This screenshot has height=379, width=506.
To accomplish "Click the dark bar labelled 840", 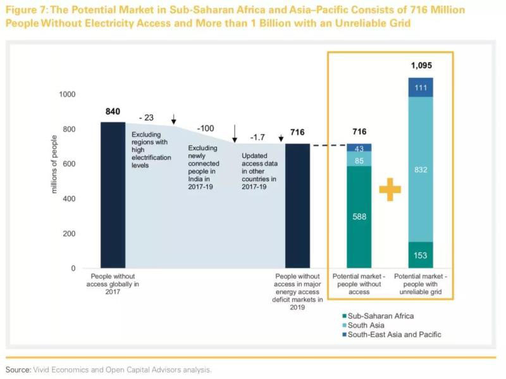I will click(113, 195).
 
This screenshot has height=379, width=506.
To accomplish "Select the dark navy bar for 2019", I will click(298, 206).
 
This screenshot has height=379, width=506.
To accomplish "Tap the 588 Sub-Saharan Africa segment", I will click(359, 217).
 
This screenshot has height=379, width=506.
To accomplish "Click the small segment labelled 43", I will click(359, 148).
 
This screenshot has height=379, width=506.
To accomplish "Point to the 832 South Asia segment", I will click(420, 169).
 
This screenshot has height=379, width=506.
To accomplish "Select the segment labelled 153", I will click(420, 255).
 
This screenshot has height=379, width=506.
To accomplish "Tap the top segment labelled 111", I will click(420, 87).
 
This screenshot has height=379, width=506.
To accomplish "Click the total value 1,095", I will click(421, 65).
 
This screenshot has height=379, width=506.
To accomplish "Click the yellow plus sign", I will click(390, 188).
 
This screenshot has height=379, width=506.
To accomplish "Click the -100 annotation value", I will click(206, 129).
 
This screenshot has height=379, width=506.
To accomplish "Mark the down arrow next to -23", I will click(174, 120).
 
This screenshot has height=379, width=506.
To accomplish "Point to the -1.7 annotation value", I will click(257, 137).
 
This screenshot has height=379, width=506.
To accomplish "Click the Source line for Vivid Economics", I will click(108, 369).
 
